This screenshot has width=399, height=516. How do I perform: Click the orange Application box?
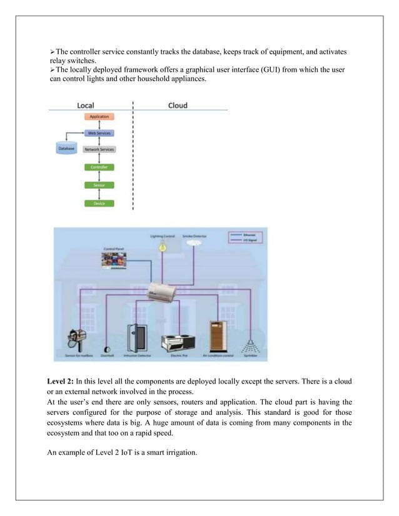pos(99,117)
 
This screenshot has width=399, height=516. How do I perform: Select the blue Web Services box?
pos(99,134)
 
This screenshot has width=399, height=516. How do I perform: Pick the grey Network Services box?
pos(99,150)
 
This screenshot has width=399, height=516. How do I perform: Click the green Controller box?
pos(99,167)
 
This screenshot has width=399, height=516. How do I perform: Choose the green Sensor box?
pos(99,186)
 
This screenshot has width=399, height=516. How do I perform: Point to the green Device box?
pos(99,204)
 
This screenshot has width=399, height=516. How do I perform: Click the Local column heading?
pos(86,105)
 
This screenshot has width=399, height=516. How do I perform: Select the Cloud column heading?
pos(178,105)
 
